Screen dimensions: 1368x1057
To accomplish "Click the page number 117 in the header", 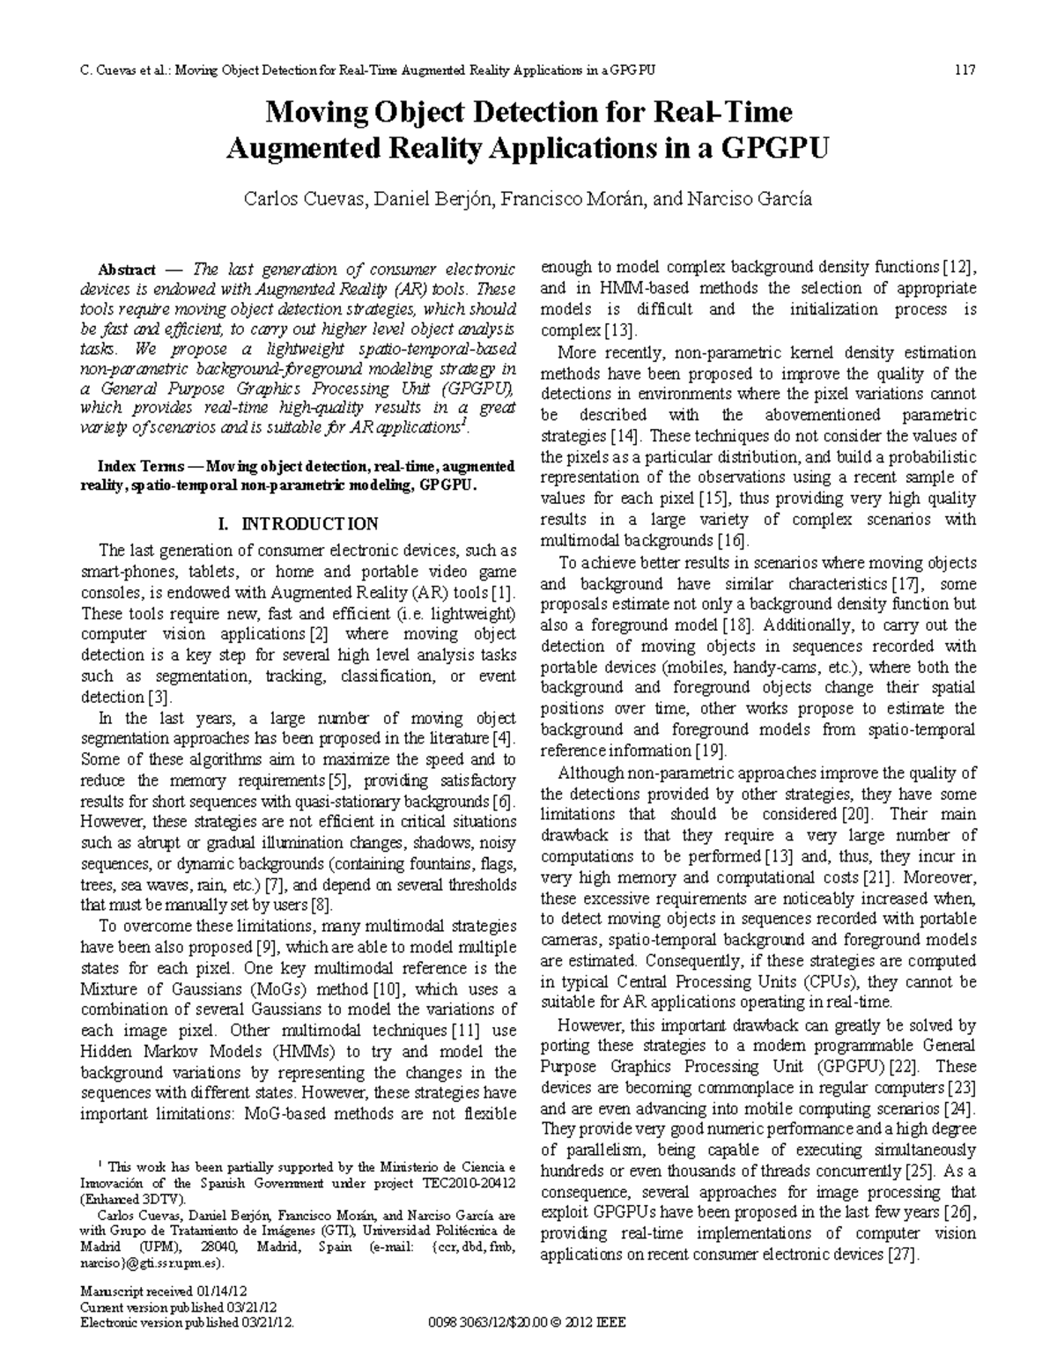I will tap(965, 70).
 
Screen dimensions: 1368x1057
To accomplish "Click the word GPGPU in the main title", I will tap(775, 148).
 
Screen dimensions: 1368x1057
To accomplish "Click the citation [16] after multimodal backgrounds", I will tap(733, 541).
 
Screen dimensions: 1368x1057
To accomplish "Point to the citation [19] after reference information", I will tap(710, 751).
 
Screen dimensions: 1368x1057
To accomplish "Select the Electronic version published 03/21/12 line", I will tap(186, 1322).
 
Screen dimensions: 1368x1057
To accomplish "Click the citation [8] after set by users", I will tap(321, 905).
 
